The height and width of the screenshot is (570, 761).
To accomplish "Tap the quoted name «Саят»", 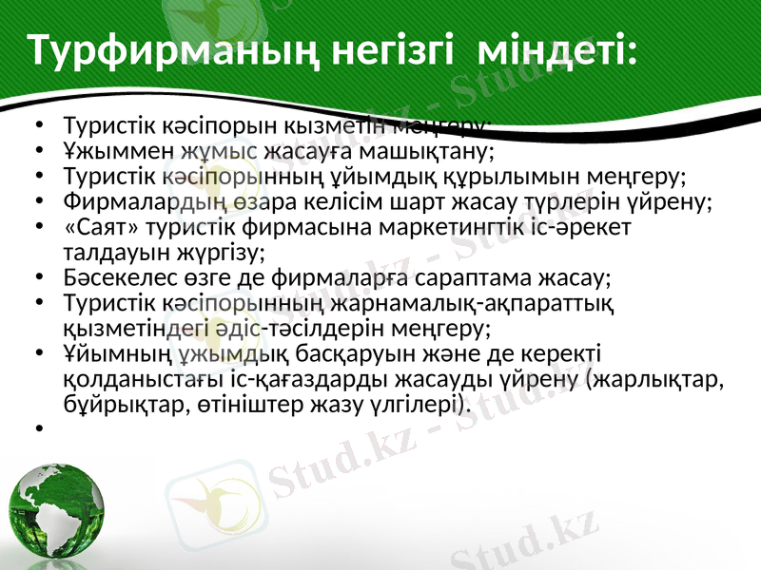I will (92, 228).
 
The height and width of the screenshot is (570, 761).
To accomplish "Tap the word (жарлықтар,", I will (656, 380).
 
